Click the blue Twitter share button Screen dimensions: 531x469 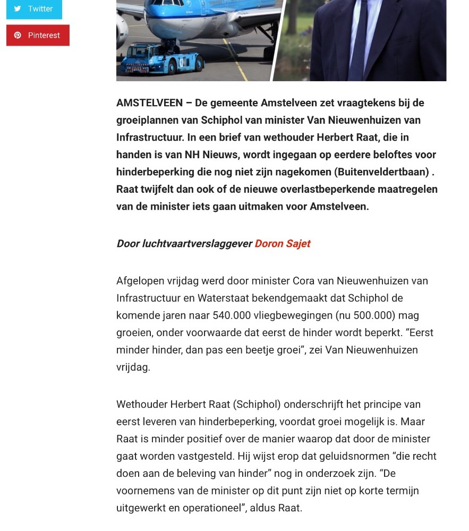click(x=34, y=8)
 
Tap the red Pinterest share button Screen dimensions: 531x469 click(x=38, y=35)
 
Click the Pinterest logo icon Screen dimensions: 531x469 click(x=18, y=35)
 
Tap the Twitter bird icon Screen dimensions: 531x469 click(x=18, y=8)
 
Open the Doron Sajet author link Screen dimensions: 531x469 click(x=282, y=244)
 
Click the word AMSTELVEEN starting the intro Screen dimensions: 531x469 click(x=149, y=103)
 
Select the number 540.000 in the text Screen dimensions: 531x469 click(x=232, y=315)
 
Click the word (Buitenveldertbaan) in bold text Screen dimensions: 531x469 click(x=381, y=172)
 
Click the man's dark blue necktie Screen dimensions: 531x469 click(x=359, y=42)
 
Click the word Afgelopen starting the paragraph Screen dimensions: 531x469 click(x=140, y=281)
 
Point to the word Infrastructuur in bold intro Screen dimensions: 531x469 click(x=150, y=138)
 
